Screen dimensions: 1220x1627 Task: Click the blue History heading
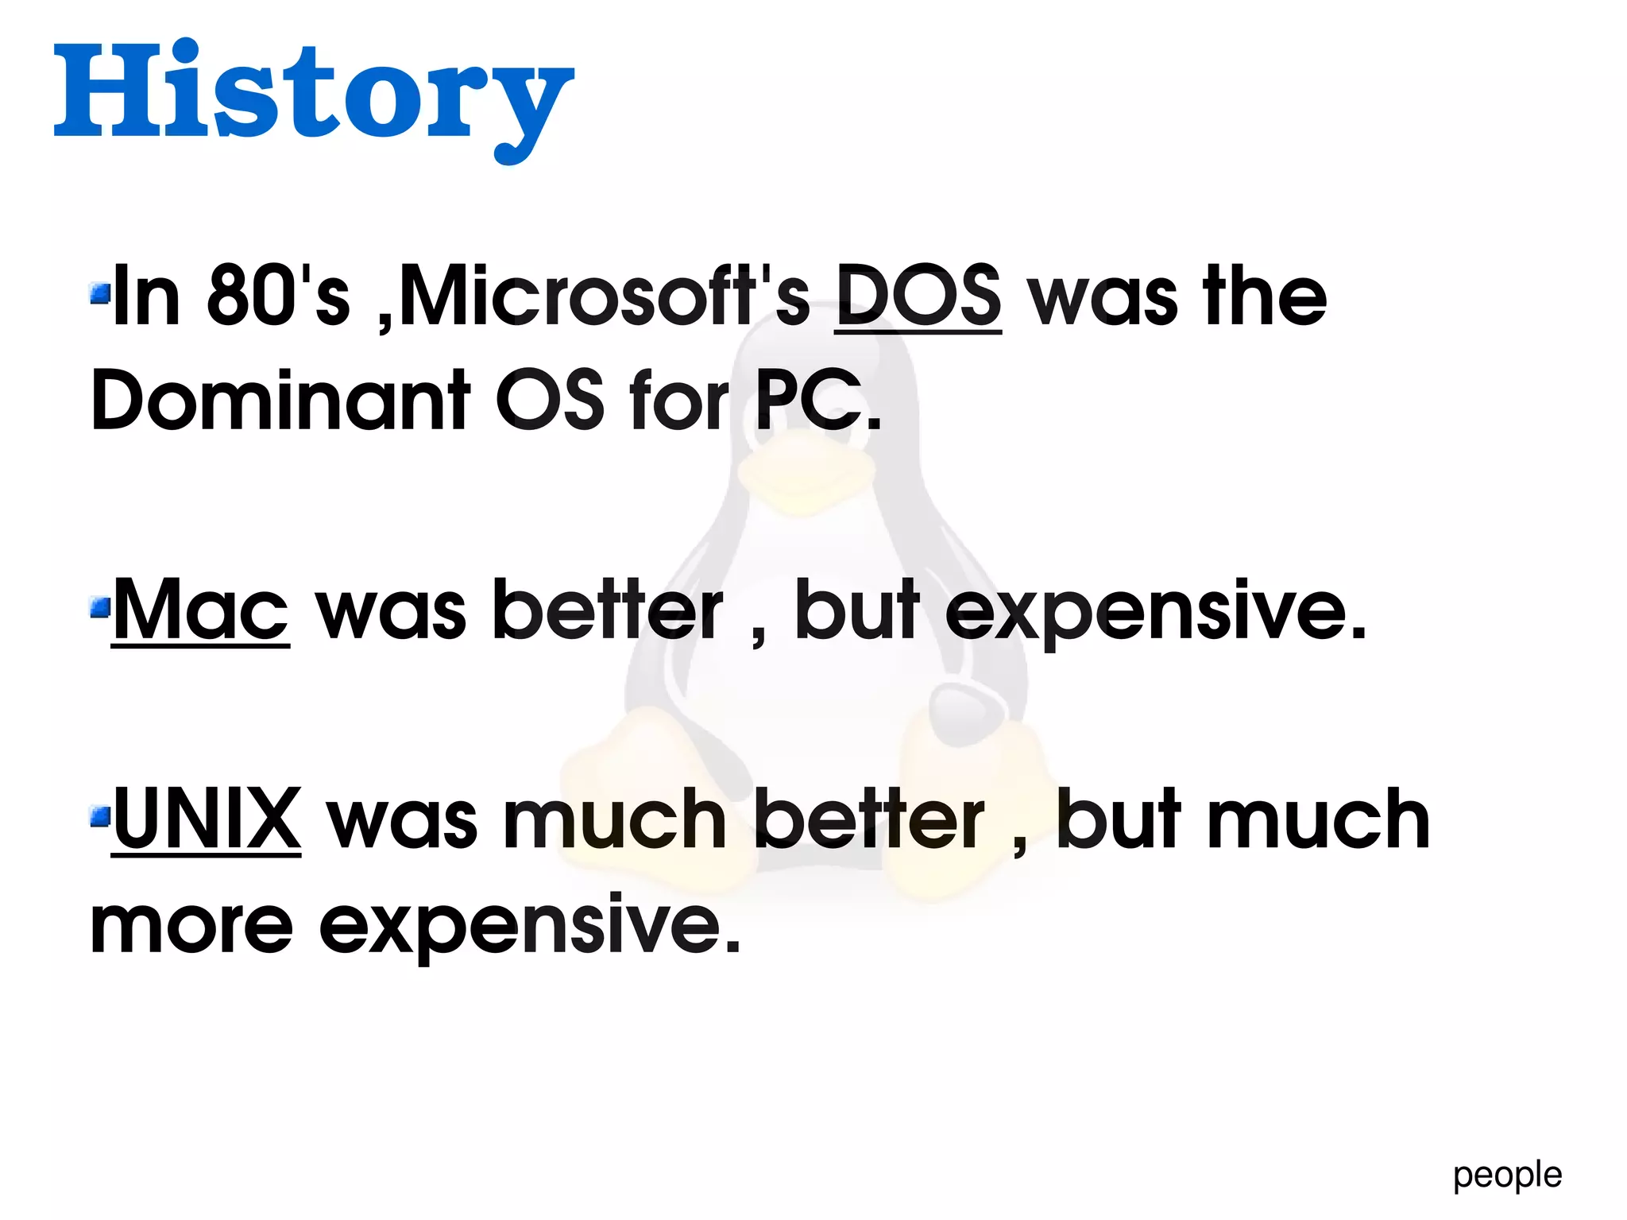point(313,94)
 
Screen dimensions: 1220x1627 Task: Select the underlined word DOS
point(918,296)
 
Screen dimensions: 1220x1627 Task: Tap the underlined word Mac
point(200,610)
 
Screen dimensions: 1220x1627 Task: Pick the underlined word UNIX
point(207,819)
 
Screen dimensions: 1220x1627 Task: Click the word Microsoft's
point(604,296)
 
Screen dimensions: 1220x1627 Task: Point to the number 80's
point(278,296)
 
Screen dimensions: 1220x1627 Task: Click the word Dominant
point(280,400)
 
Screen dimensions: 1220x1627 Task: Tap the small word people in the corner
point(1507,1175)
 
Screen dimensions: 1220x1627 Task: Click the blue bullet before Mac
point(99,609)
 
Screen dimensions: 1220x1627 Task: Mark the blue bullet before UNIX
point(99,816)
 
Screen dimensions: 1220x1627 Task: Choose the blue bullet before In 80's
point(99,295)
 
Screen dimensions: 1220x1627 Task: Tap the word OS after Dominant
point(550,400)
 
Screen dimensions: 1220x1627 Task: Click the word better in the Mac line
point(608,610)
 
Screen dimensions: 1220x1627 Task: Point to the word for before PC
point(678,400)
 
